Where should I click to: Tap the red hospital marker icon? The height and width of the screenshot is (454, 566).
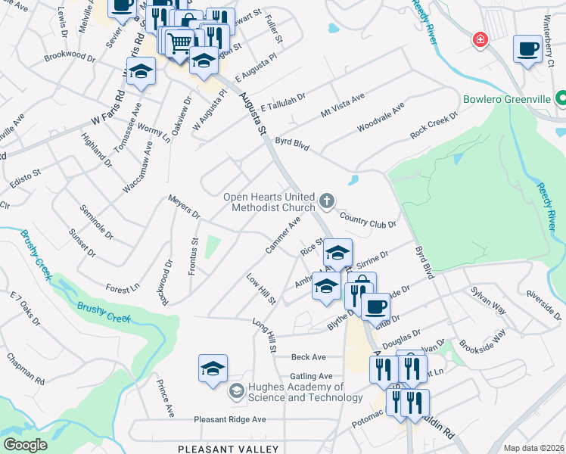479,39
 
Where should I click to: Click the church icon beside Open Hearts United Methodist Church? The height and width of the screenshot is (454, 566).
327,201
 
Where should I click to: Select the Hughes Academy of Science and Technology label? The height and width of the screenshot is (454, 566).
294,392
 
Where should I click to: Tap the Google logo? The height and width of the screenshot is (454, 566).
25,444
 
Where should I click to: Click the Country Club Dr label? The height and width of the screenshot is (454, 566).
368,221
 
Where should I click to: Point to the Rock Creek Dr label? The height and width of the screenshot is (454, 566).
434,125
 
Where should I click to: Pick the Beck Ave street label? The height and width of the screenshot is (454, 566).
309,357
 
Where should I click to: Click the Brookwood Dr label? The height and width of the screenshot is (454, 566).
70,57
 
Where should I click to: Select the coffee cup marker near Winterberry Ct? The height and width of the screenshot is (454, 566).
528,49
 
